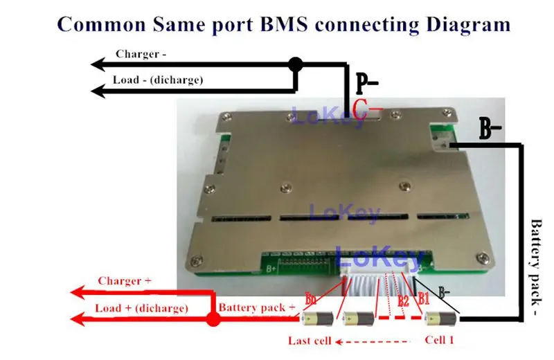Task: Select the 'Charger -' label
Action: pos(141,53)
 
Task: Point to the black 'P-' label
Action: pos(367,84)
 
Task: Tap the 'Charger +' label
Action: pos(125,281)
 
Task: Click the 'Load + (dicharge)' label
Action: pos(142,308)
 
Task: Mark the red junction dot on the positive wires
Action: pos(213,319)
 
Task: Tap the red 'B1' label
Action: pos(423,300)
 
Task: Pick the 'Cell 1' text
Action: pos(440,341)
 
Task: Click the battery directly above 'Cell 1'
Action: pos(440,319)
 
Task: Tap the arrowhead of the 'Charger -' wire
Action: pos(98,65)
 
